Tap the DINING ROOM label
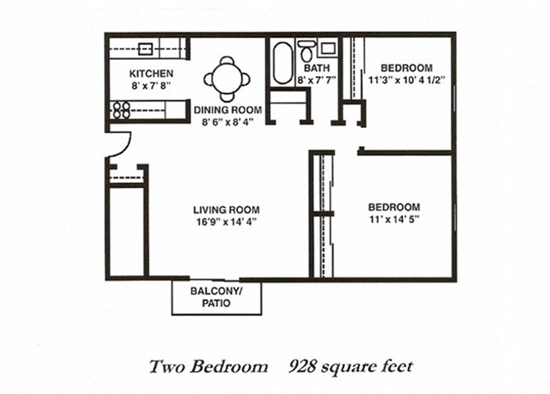[x=227, y=110]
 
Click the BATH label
[x=315, y=68]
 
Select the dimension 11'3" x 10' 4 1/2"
[x=407, y=80]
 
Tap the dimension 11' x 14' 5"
[x=394, y=219]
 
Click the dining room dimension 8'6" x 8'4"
[x=227, y=121]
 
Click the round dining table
[x=227, y=79]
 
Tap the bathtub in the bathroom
[x=283, y=63]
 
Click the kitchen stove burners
[x=121, y=108]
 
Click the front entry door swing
[x=119, y=144]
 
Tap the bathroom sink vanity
[x=327, y=48]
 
